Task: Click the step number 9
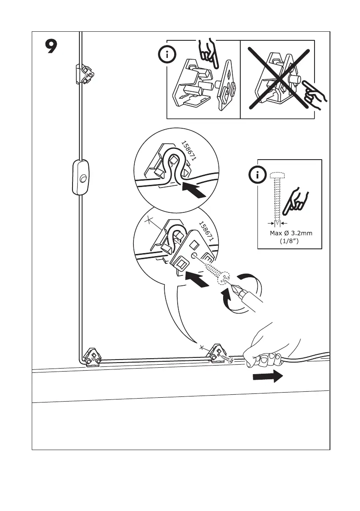51,46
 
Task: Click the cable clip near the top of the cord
84,74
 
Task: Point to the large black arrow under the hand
267,377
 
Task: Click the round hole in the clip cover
194,257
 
